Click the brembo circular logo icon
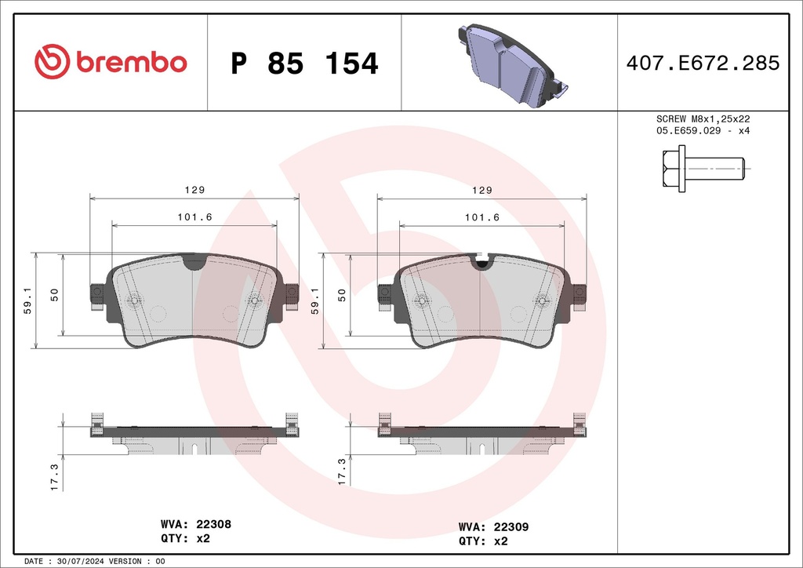52,61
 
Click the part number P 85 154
304,64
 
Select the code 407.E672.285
703,64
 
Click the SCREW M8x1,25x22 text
703,119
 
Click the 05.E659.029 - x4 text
703,131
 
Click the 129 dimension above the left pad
194,190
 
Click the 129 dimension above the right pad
482,190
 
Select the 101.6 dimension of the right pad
482,217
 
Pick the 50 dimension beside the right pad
342,294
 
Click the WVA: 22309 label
492,527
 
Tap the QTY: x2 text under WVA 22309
483,541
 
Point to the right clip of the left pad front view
291,297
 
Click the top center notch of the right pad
481,262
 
